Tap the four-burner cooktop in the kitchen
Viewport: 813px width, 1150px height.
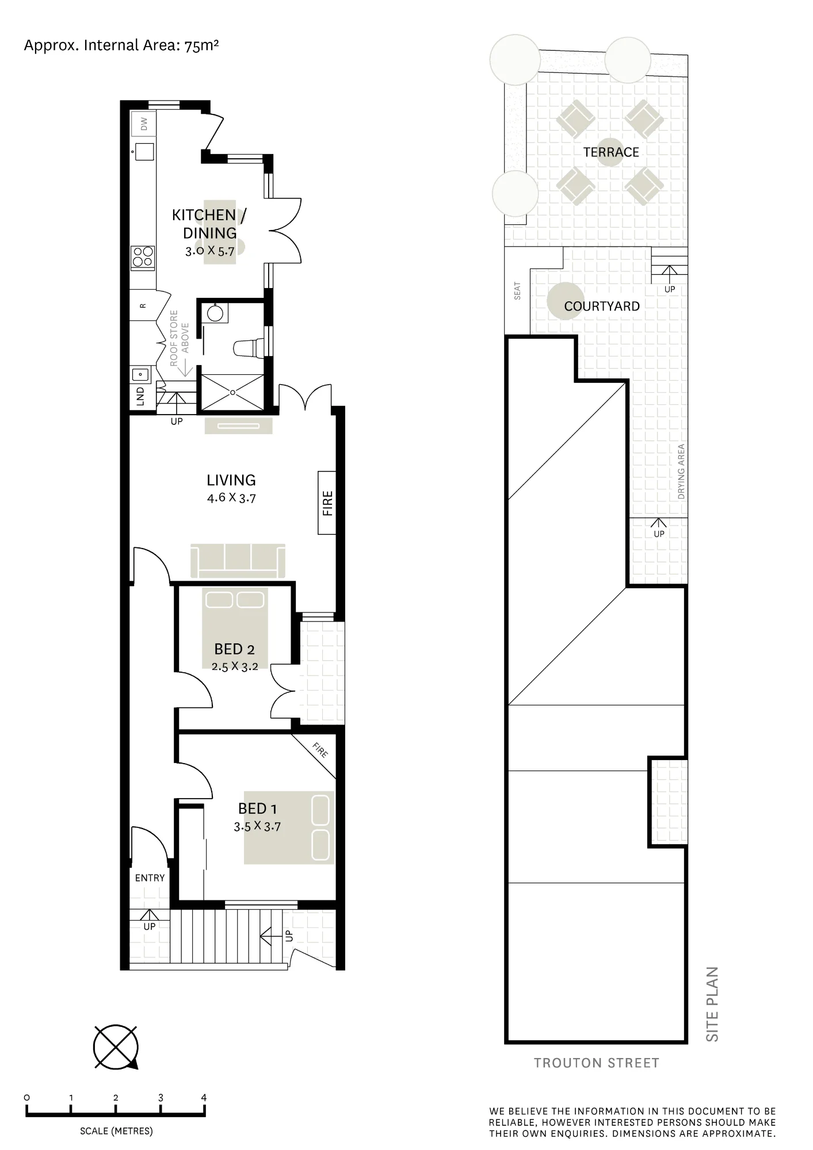(x=143, y=258)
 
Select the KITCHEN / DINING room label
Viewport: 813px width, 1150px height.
(x=209, y=224)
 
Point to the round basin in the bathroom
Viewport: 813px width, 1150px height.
(x=215, y=313)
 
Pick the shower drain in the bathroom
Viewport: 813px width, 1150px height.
(x=232, y=393)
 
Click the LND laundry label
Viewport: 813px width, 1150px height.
(x=140, y=397)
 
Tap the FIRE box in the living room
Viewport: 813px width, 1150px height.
(x=327, y=503)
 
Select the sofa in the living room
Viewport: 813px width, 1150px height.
(x=238, y=560)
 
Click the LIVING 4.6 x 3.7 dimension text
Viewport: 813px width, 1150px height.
(x=231, y=498)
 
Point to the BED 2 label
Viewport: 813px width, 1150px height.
(x=234, y=649)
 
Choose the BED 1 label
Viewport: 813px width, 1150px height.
(x=257, y=808)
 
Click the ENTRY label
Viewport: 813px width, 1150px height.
(x=150, y=878)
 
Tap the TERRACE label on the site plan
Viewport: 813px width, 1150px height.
(x=611, y=152)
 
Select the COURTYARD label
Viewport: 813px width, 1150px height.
(x=602, y=306)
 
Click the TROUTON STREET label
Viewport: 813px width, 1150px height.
(x=596, y=1063)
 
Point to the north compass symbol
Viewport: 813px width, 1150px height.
(x=116, y=1047)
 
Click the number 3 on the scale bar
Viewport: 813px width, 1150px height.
(x=161, y=1098)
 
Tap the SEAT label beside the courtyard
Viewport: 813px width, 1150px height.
(x=517, y=290)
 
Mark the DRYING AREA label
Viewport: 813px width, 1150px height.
(x=681, y=471)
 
